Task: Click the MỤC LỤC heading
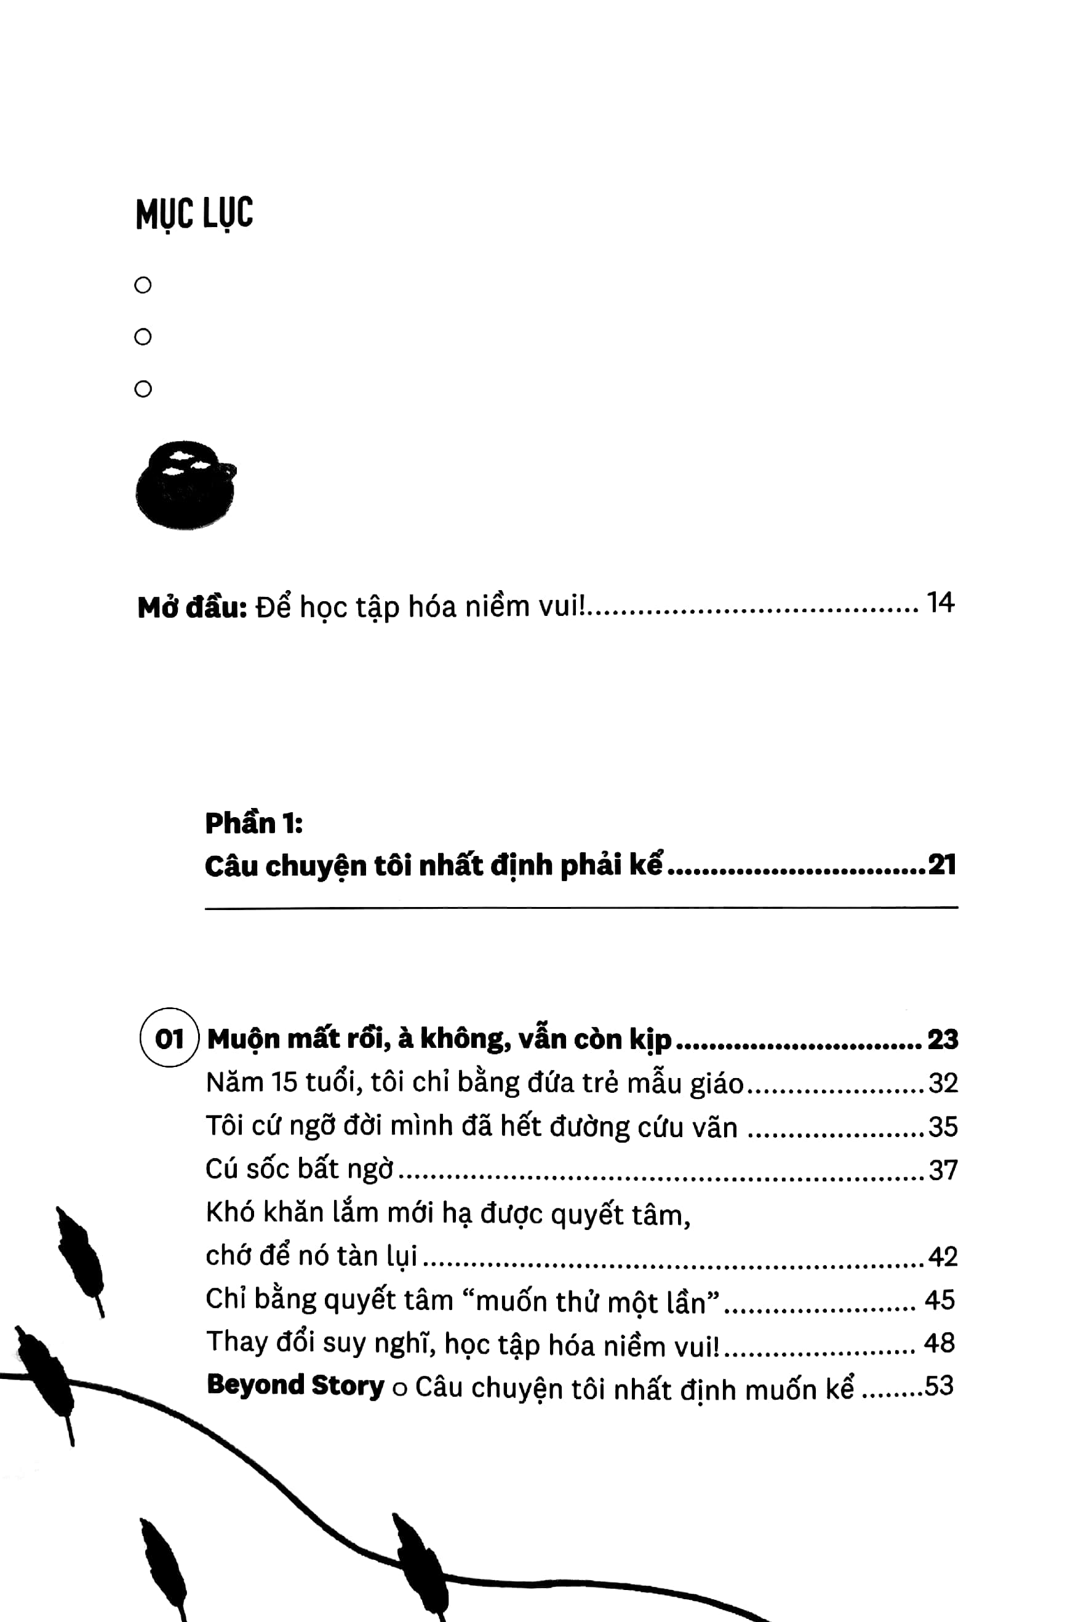point(194,214)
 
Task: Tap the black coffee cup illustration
point(185,484)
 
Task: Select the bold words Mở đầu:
point(193,607)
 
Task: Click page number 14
point(939,603)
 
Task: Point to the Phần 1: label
point(254,823)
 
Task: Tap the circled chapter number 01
point(169,1039)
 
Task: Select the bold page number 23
point(943,1039)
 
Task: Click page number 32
point(943,1083)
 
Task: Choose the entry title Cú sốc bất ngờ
point(300,1170)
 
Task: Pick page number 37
point(943,1170)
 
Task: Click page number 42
point(943,1256)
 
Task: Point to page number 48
point(939,1343)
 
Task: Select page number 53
point(939,1385)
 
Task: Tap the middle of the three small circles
point(143,337)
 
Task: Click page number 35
point(943,1127)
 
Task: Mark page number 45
point(939,1300)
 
